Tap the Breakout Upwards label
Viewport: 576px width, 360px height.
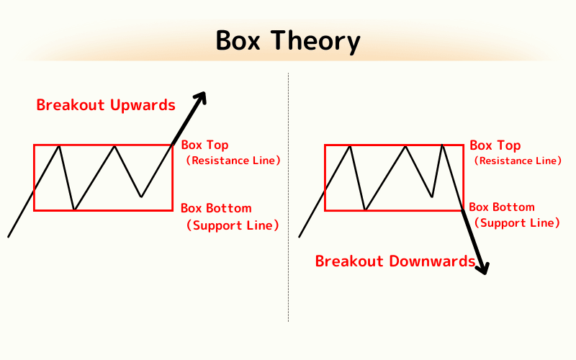[x=106, y=105]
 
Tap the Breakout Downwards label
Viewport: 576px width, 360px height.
[x=395, y=261]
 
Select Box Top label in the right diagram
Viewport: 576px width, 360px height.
[x=495, y=145]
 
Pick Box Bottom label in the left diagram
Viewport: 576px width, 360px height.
[x=216, y=208]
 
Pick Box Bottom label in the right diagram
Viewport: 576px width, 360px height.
[x=503, y=207]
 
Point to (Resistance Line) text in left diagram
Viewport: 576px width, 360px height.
[x=233, y=161]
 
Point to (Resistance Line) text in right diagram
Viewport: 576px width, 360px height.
[x=517, y=161]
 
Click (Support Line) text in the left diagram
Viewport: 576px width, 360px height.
[x=233, y=225]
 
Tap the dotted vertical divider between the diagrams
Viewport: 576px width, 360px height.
[x=289, y=216]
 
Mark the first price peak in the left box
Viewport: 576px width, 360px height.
[x=59, y=146]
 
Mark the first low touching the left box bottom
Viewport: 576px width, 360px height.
[x=74, y=210]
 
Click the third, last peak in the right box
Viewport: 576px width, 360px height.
[x=442, y=146]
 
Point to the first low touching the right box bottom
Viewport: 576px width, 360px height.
[x=366, y=210]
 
